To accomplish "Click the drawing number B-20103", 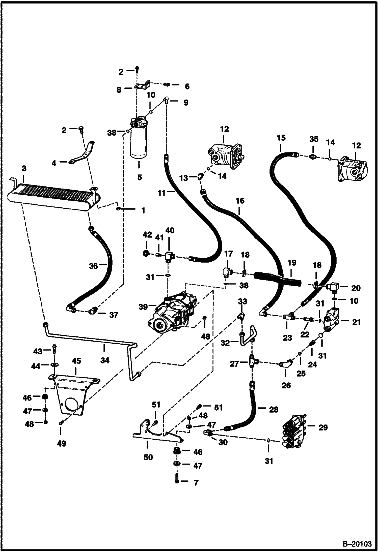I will point(357,544).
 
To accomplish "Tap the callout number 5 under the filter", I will point(140,177).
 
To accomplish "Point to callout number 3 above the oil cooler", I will point(24,168).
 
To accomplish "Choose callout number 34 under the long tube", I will point(104,361).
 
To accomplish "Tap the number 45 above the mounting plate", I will point(76,361).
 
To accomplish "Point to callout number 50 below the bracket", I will point(148,457).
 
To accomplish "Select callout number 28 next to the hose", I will point(274,410).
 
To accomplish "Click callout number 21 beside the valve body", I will point(356,322).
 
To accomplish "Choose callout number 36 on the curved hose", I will point(93,266).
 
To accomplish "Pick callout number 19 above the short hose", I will point(292,263).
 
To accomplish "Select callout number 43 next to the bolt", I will point(38,351).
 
